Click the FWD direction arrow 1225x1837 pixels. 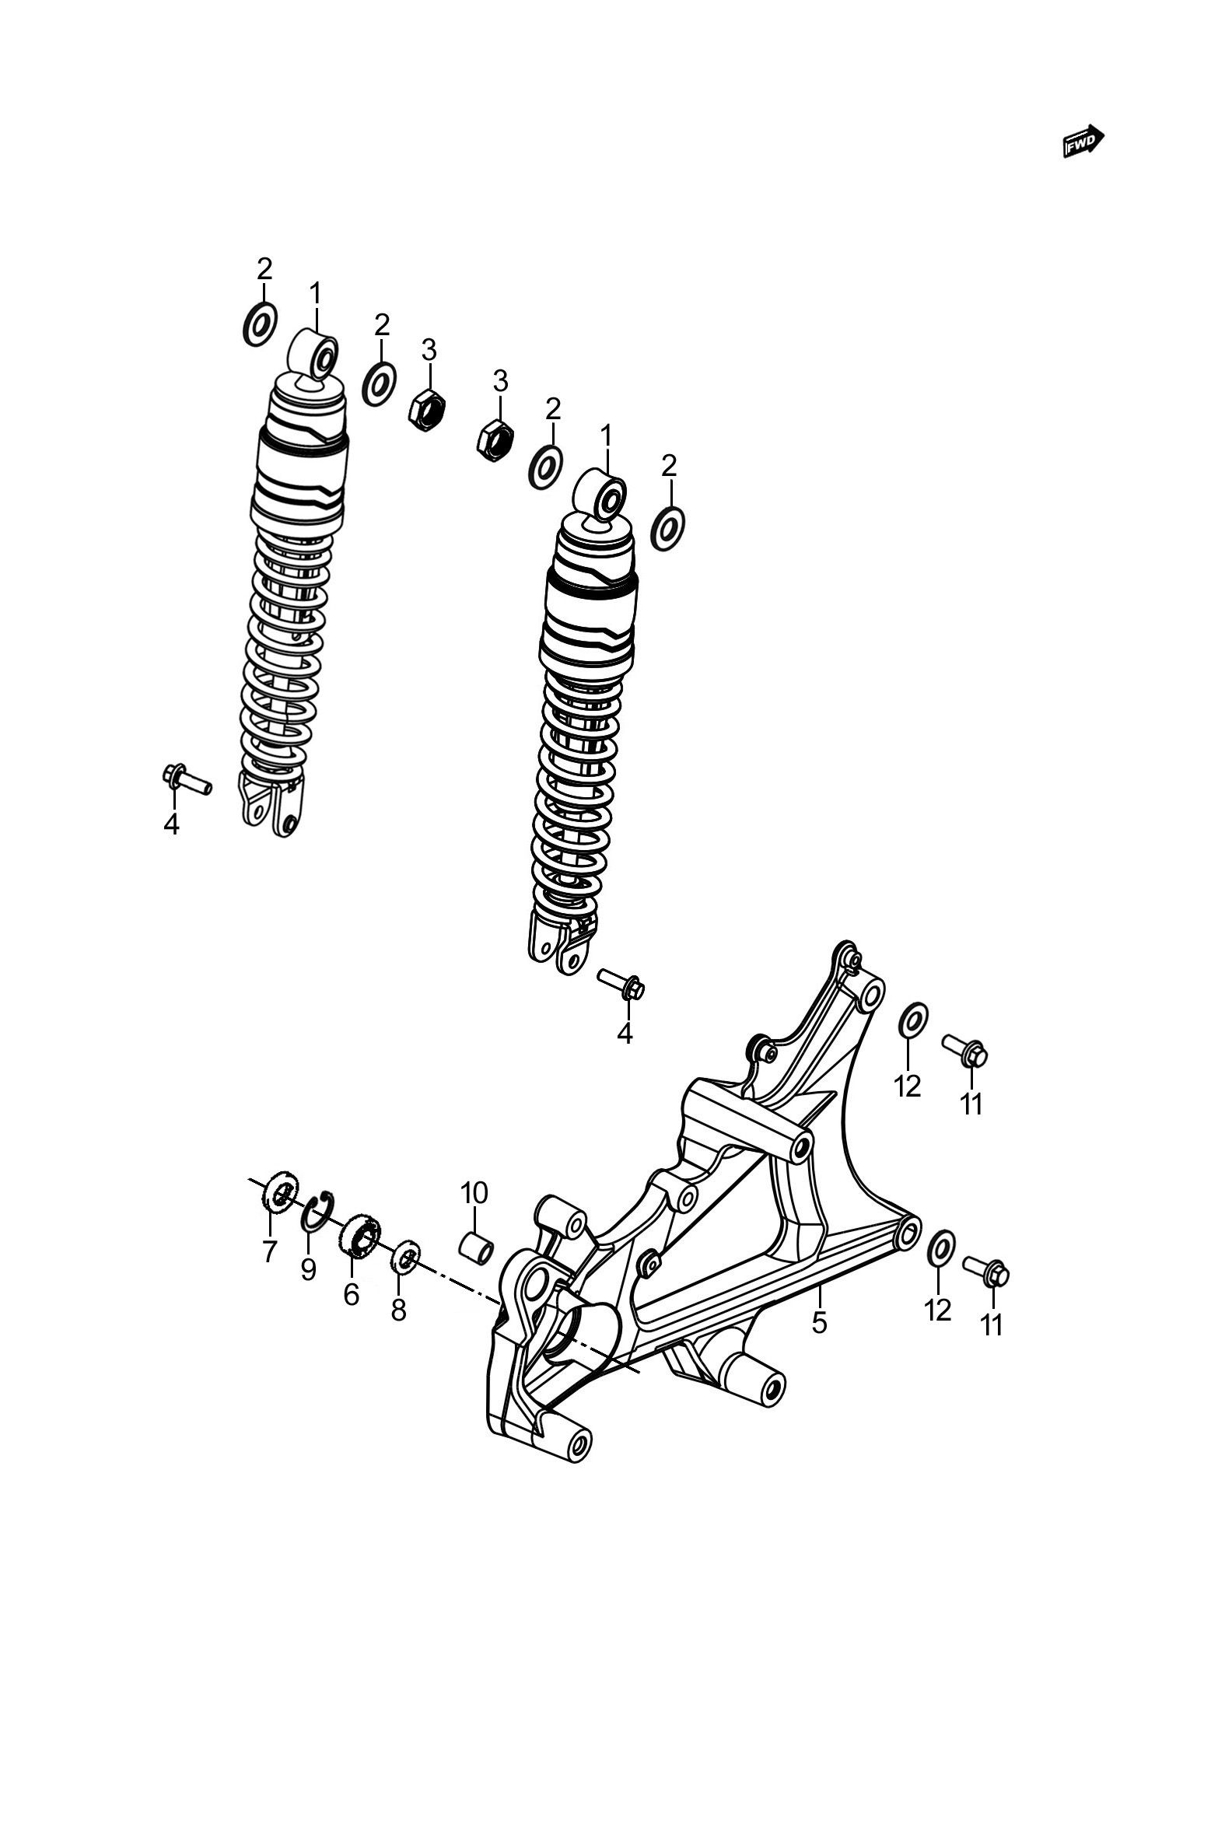coord(1083,141)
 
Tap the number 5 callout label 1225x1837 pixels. coord(819,1322)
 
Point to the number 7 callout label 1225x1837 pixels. coord(270,1251)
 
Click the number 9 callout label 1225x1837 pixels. coord(309,1269)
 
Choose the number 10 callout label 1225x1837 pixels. coord(474,1192)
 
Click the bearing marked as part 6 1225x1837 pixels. coord(360,1237)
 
